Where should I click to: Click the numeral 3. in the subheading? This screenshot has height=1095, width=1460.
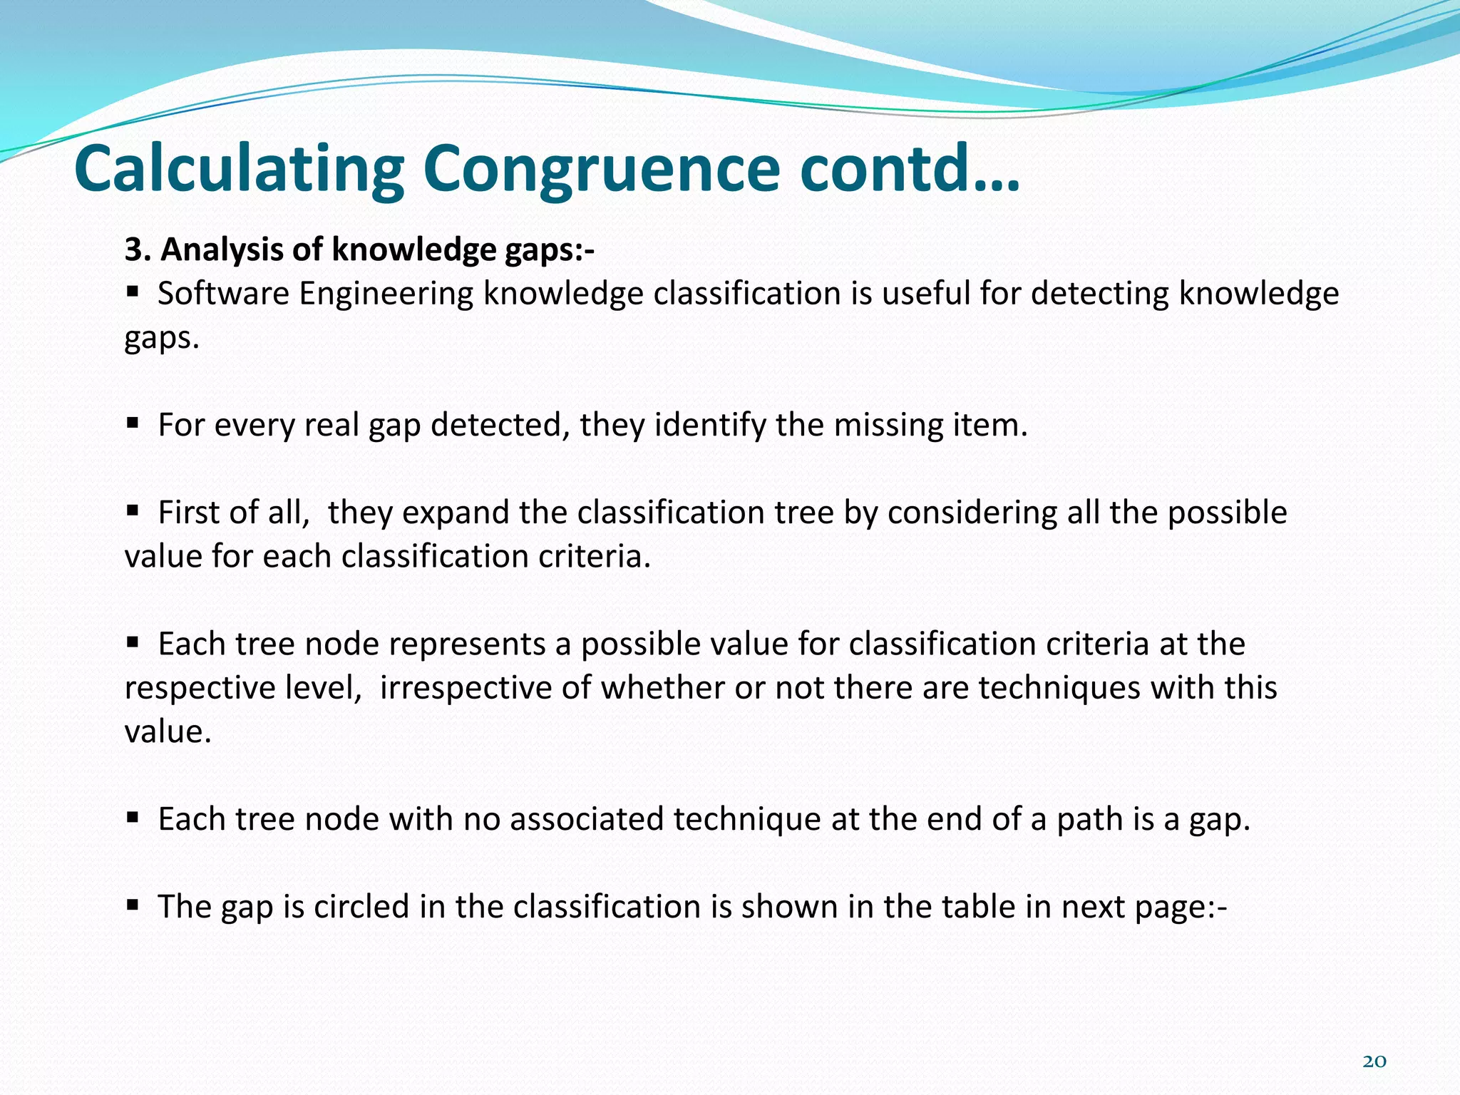(x=137, y=250)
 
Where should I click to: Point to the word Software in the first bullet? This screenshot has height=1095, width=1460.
(x=223, y=294)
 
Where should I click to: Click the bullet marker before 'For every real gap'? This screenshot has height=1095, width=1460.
(x=133, y=422)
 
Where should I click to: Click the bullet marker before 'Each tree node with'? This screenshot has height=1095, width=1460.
(x=133, y=817)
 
